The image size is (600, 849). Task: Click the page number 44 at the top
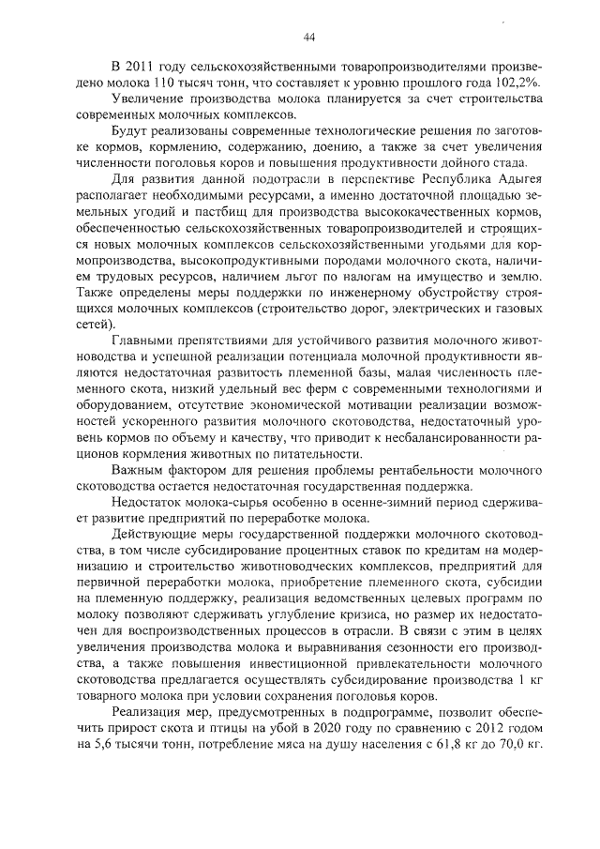(308, 38)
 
